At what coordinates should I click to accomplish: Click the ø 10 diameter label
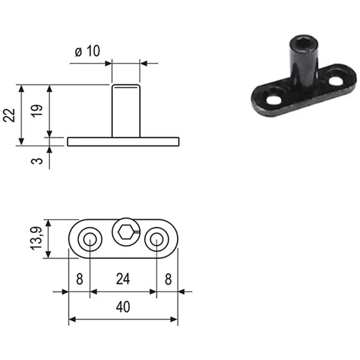(x=87, y=51)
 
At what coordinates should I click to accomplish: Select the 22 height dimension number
(x=9, y=115)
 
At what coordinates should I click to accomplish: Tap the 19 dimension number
(x=37, y=111)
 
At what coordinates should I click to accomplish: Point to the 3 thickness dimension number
(x=37, y=161)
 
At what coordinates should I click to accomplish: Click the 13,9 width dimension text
(x=36, y=238)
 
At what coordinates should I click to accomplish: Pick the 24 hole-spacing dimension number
(x=123, y=279)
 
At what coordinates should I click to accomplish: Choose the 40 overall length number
(x=123, y=307)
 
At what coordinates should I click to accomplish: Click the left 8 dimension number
(x=80, y=279)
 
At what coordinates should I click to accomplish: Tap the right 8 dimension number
(x=168, y=279)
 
